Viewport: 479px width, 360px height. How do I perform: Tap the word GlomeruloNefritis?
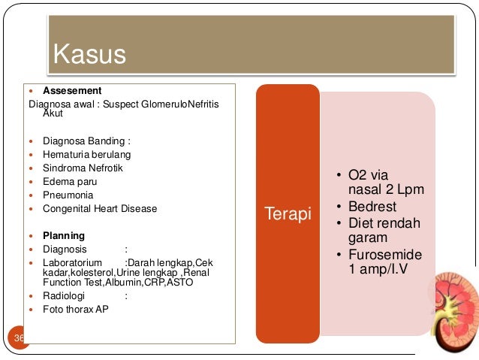click(181, 104)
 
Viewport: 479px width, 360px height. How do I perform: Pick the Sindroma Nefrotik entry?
click(83, 168)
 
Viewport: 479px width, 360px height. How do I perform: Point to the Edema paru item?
click(70, 181)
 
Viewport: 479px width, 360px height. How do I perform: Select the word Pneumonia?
click(68, 195)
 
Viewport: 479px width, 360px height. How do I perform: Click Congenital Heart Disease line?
click(100, 208)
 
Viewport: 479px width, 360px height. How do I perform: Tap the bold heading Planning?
click(64, 235)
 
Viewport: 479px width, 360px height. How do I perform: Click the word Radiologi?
click(63, 295)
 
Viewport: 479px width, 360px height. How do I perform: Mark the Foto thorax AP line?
click(76, 309)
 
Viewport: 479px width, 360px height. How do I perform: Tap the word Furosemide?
click(385, 254)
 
